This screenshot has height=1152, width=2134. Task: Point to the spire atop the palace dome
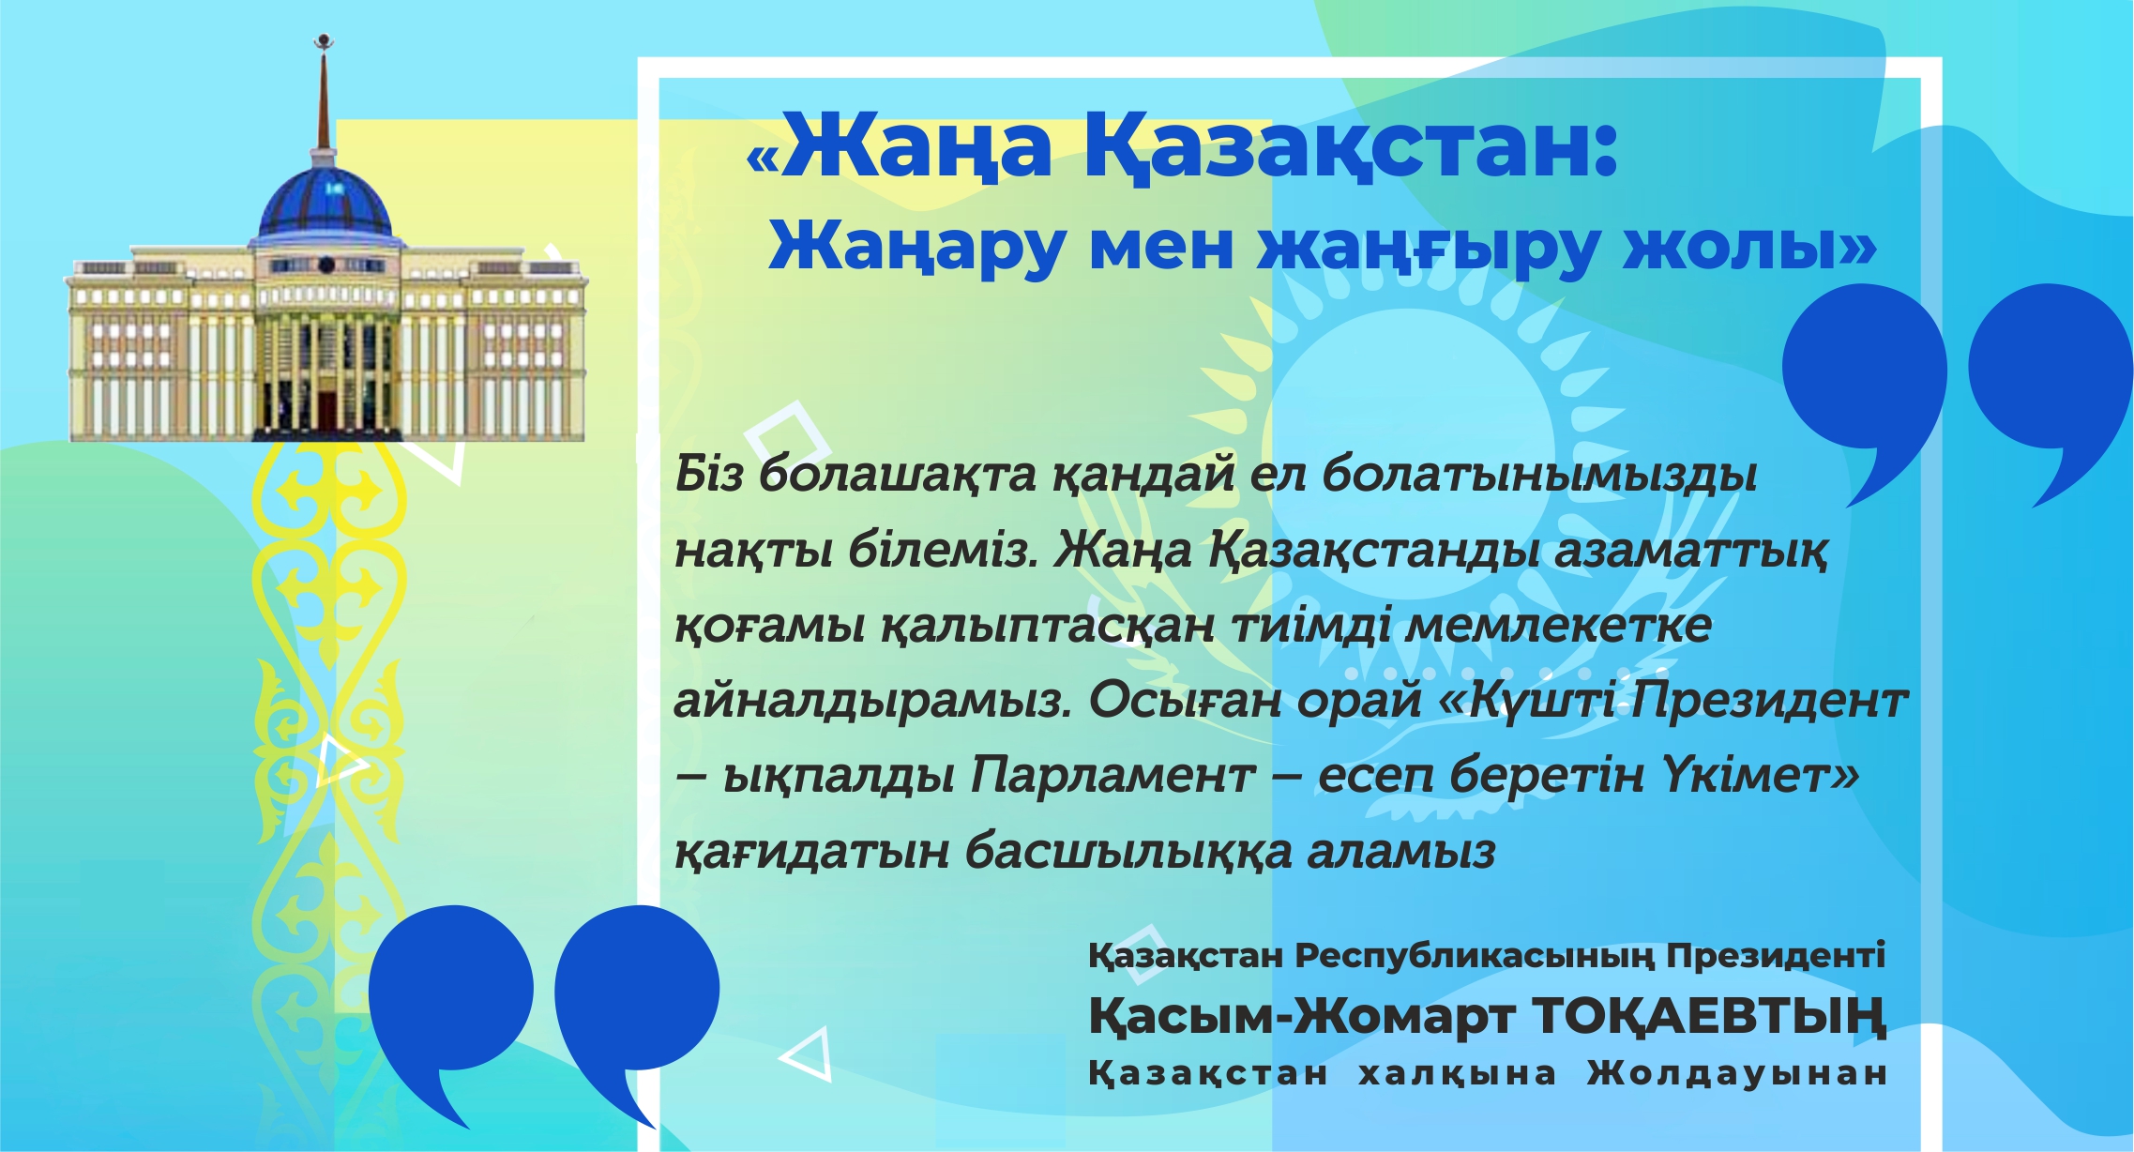click(x=324, y=94)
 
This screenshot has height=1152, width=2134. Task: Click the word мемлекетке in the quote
click(x=1557, y=626)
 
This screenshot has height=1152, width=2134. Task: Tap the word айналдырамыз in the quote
click(x=872, y=701)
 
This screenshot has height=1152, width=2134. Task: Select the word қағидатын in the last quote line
click(x=811, y=852)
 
